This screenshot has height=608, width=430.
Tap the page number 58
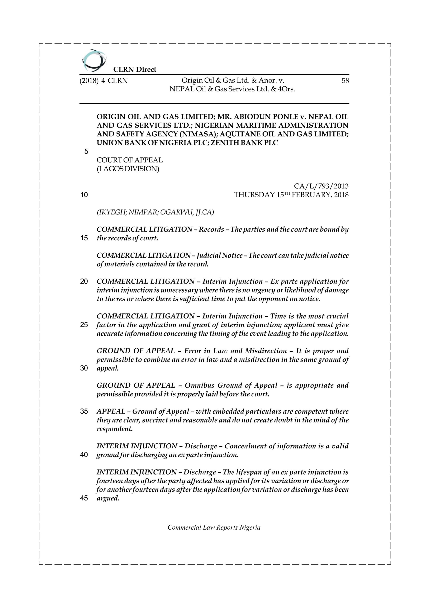point(345,81)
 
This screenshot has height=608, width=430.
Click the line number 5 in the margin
point(86,152)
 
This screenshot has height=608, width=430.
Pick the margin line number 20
point(84,281)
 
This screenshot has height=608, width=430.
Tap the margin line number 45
point(84,498)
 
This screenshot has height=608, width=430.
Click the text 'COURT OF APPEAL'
point(130,160)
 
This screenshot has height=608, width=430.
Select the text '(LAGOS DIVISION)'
point(128,169)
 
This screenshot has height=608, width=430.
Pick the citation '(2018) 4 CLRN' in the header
point(104,81)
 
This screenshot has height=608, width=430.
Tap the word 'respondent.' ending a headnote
point(114,429)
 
